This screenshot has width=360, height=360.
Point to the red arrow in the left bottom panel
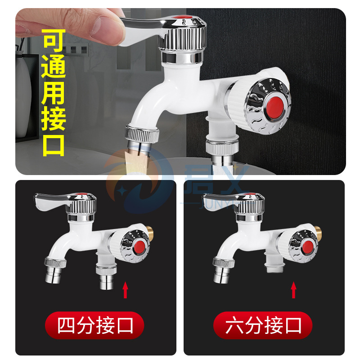[x=126, y=290]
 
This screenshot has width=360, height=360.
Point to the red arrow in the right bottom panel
[x=294, y=290]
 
